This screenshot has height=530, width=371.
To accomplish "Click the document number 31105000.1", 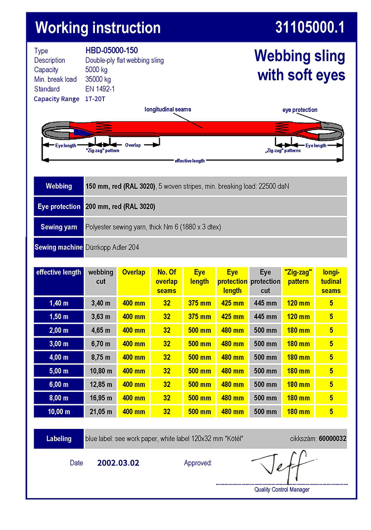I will point(309,28).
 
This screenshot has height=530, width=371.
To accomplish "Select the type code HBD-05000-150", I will point(111,51).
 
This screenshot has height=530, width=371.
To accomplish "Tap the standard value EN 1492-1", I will point(100,89).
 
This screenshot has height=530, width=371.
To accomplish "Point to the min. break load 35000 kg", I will point(98,79).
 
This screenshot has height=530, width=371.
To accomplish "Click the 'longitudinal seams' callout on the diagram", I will point(168,109).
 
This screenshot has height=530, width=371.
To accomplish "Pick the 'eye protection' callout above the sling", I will point(300,109).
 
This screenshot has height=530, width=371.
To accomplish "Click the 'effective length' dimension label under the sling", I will point(189,160).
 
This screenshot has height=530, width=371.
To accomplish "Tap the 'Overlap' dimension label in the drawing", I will point(133,145).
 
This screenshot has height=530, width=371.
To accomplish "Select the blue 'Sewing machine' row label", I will point(58,247).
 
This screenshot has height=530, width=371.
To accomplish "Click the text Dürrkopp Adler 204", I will point(112,247).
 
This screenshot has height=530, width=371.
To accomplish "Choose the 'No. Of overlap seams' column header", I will point(167,281).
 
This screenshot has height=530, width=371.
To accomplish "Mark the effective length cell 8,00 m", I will point(59,398).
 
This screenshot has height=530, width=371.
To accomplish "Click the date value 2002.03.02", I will point(118,463).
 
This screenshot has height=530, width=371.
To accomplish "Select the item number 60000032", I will point(332,438).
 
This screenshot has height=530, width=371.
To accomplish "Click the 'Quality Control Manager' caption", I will point(282,489).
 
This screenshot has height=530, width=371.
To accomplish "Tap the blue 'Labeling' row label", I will point(59,438).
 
